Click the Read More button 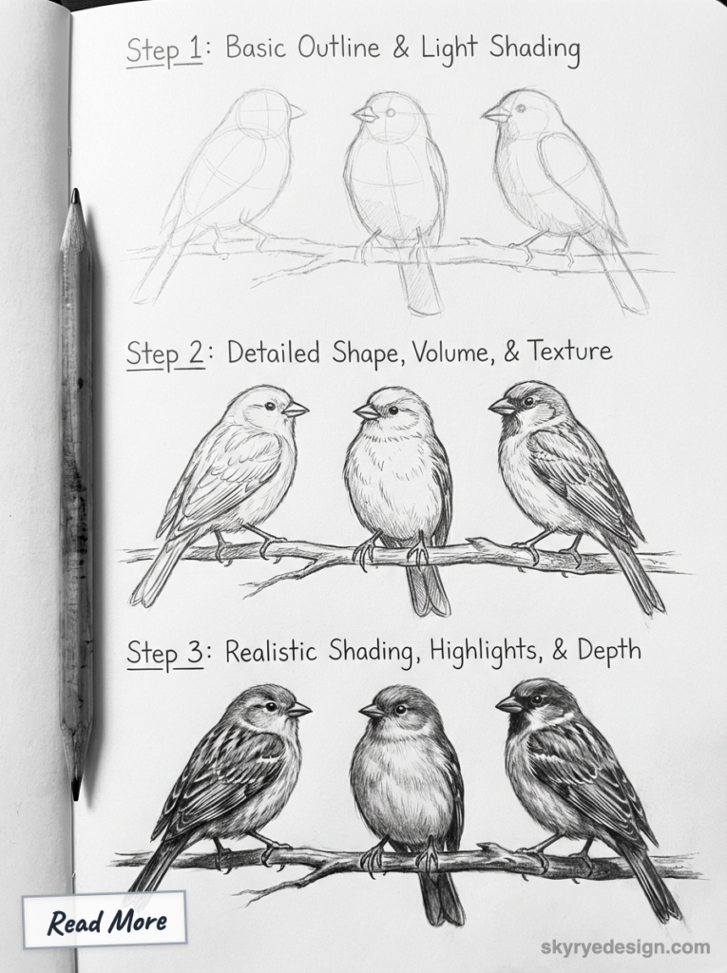click(106, 921)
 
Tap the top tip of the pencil click(74, 194)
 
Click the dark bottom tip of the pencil click(75, 788)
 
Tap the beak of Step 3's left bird click(299, 709)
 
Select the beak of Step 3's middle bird click(371, 710)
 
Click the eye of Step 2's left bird click(271, 406)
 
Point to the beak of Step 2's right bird click(500, 406)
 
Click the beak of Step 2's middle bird click(366, 410)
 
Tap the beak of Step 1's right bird click(494, 114)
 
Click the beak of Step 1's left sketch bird click(296, 112)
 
